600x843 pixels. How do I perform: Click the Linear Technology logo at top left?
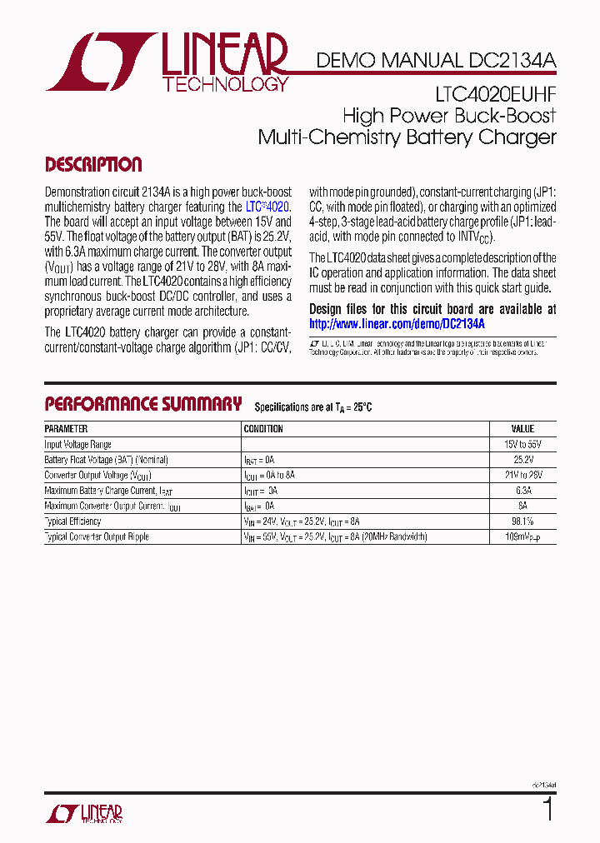[167, 62]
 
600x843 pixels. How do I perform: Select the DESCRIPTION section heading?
[93, 165]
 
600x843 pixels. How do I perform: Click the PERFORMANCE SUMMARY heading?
[142, 405]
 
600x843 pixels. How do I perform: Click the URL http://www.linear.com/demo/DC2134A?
[397, 324]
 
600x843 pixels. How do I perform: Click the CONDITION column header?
[263, 429]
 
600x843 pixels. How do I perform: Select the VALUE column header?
[522, 429]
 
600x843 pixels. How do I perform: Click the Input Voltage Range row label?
[77, 445]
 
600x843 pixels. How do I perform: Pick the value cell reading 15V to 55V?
[522, 445]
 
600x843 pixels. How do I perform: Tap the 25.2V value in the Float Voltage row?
[522, 460]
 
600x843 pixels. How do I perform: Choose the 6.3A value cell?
[522, 491]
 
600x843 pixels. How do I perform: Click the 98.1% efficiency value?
[522, 521]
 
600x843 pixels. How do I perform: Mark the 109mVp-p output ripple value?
[522, 537]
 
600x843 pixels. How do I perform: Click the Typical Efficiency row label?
[73, 521]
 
